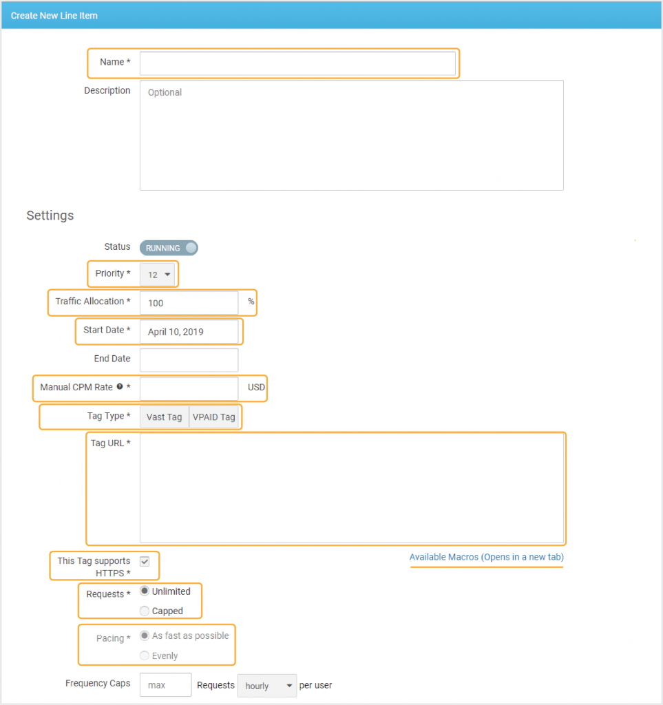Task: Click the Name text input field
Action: (x=297, y=63)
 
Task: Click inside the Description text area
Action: (x=352, y=136)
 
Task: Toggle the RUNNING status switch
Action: (x=169, y=248)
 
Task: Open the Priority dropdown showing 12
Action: (x=158, y=274)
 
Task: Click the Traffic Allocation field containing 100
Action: (x=189, y=303)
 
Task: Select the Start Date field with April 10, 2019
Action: (x=189, y=332)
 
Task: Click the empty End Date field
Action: (x=189, y=360)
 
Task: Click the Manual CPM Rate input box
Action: (x=189, y=388)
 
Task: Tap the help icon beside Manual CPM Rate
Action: (x=120, y=386)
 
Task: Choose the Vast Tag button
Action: (x=164, y=417)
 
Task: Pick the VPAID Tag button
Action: (x=214, y=417)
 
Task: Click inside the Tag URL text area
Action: (x=352, y=488)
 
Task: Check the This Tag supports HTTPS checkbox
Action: (x=145, y=562)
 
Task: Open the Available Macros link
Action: (x=486, y=557)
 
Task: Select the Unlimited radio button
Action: (x=145, y=591)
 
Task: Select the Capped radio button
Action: (x=145, y=611)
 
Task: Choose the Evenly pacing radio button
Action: (x=145, y=655)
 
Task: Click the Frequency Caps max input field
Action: (x=165, y=685)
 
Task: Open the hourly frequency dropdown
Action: (x=267, y=686)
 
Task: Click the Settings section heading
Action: (x=50, y=215)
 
